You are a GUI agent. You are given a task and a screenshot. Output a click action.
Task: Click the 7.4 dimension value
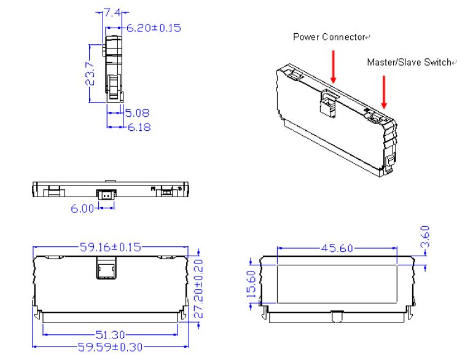point(113,12)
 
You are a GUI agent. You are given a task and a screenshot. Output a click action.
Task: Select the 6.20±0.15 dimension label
point(154,28)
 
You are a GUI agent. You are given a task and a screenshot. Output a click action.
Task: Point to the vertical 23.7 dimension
point(90,73)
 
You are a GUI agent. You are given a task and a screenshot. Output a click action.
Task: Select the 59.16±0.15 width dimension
point(110,248)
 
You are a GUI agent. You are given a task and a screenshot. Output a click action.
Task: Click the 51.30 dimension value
point(111,335)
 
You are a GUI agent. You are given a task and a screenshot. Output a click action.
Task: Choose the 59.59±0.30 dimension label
point(111,347)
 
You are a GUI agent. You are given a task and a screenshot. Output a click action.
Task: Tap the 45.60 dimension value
point(337,248)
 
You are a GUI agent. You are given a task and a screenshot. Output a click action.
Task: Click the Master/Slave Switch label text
point(409,63)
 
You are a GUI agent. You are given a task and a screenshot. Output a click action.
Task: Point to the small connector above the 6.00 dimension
point(107,194)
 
